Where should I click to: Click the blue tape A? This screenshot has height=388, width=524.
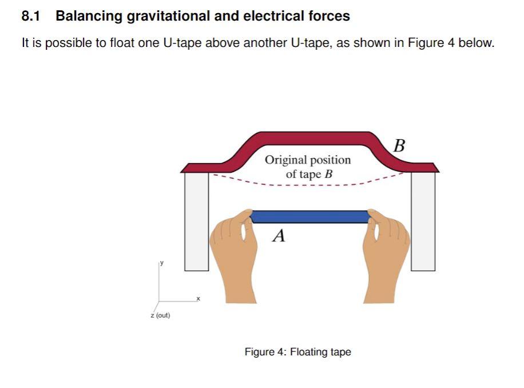click(309, 216)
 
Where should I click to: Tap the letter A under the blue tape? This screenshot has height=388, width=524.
click(279, 235)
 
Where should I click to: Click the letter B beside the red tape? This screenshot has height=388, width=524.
click(400, 146)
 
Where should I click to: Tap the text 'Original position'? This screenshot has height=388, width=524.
click(308, 160)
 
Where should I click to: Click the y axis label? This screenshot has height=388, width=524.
click(162, 263)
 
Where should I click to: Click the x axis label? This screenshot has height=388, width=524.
click(199, 298)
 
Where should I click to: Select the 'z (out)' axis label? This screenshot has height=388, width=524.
click(160, 315)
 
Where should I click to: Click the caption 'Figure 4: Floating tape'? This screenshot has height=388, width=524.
click(297, 352)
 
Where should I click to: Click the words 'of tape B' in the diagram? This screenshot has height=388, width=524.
click(309, 174)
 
